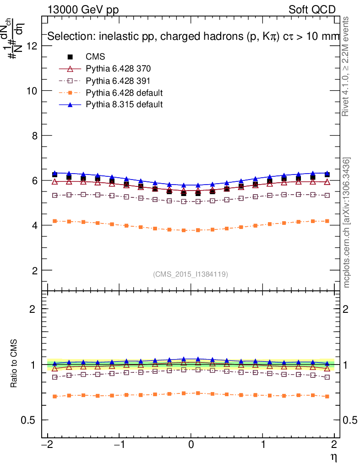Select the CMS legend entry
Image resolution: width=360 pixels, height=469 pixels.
coord(95,57)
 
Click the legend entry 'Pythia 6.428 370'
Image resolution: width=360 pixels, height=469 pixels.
coord(118,69)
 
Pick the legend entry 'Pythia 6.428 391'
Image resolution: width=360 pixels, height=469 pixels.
coord(118,81)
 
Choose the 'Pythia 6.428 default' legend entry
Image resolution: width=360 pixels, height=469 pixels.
coord(124,93)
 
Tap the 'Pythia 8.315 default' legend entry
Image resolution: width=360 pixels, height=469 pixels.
coord(124,104)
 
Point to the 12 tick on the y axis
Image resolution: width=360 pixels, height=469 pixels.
coord(32,46)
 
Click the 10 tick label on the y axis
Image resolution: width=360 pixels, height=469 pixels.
coord(32,91)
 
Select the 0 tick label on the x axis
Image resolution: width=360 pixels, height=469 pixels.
coord(191,445)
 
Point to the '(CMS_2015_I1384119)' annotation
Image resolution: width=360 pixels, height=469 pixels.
coord(191,274)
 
